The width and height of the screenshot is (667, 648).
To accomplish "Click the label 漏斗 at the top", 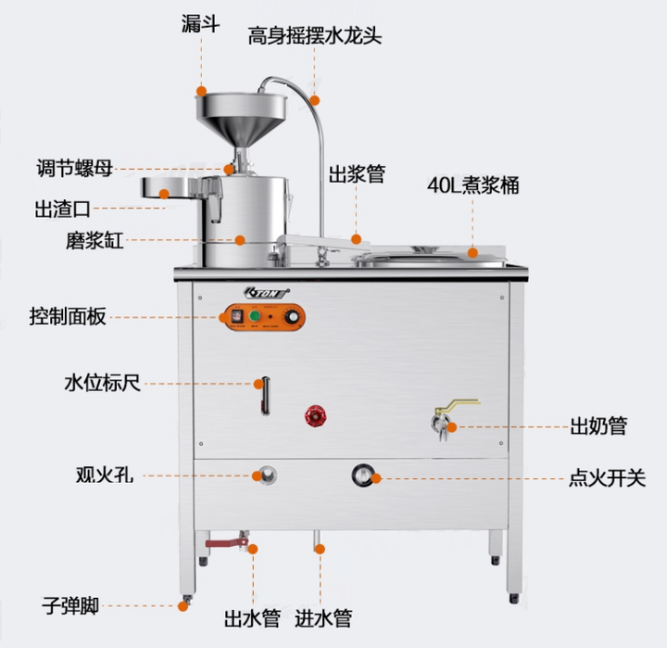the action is pos(201,23).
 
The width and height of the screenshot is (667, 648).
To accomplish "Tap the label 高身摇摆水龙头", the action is pos(314,36).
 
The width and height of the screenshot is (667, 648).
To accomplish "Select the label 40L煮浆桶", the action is pos(472,184).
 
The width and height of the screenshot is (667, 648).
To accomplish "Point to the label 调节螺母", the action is pos(76,169).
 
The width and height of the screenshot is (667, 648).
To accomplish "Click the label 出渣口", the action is pos(62,209).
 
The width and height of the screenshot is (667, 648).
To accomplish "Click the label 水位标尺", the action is pos(102,382).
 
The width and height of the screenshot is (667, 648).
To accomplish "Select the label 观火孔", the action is pos(105,476).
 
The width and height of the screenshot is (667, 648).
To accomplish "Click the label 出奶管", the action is pos(598,426).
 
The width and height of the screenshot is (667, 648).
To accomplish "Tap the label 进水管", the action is pos(323,616).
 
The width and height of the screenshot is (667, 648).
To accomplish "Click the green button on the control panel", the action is pos(255,317).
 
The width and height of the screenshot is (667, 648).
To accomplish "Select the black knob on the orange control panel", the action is pos(294,317).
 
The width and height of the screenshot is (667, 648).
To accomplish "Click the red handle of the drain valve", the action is pos(220,542).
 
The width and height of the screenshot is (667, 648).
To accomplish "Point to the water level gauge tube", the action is pos(262,395).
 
